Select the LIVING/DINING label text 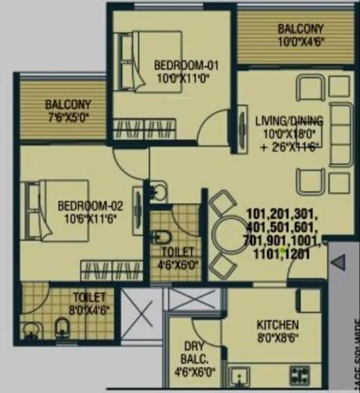click(x=288, y=119)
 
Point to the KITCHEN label click(x=277, y=324)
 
